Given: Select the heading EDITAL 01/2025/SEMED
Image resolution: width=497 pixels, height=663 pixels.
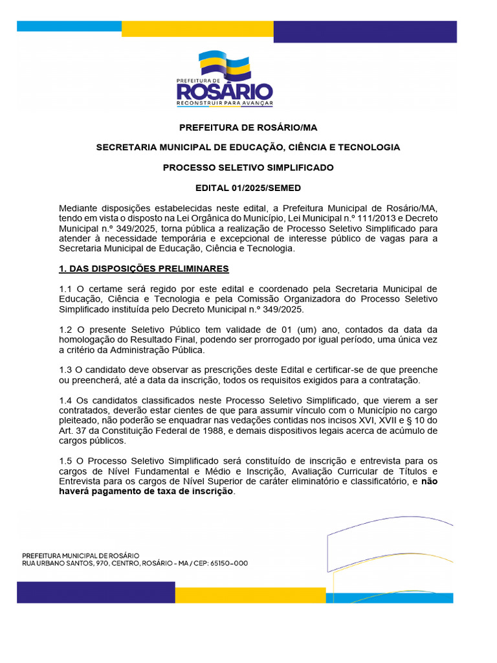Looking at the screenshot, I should [248, 188].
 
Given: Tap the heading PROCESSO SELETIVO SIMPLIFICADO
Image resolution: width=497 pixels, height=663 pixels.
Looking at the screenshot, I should [248, 167].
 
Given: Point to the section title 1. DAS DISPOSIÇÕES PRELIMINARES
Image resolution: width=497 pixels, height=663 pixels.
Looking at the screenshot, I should [144, 268].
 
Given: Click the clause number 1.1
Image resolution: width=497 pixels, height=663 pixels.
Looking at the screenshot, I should [65, 288].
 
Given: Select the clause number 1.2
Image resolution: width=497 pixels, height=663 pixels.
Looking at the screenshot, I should [65, 330].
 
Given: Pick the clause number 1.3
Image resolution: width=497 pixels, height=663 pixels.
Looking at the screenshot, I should [65, 370].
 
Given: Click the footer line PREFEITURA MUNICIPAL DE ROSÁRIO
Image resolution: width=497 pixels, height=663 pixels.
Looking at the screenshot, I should [80, 556].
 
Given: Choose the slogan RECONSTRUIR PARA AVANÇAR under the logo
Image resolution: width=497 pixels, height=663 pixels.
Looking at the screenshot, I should [225, 103].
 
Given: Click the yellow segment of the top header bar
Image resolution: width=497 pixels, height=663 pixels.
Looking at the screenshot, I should [197, 29].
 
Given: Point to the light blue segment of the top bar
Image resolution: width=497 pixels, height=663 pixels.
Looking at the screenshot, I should [69, 27].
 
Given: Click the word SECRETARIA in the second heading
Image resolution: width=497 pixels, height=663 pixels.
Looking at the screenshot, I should [125, 147].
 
